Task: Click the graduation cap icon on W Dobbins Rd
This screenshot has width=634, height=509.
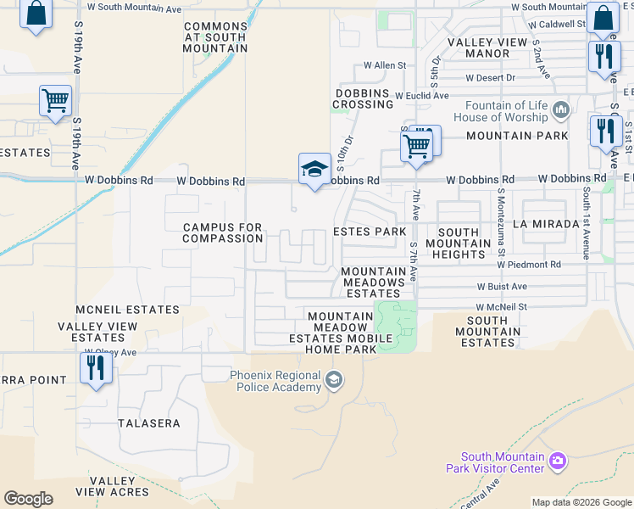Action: [314, 168]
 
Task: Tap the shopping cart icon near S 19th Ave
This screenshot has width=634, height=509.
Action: [55, 101]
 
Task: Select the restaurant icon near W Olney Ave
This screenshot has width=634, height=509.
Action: [94, 367]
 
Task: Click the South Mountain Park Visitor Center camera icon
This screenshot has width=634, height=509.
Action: [557, 461]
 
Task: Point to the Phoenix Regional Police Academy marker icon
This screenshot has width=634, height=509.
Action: [334, 379]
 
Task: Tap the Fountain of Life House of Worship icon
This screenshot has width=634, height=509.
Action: [560, 109]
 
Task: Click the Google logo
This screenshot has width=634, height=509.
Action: [28, 498]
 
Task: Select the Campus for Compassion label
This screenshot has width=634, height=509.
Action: [224, 232]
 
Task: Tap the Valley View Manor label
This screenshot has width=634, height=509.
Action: [490, 48]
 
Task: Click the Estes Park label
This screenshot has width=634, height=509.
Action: [370, 232]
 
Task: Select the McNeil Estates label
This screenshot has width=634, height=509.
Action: [127, 310]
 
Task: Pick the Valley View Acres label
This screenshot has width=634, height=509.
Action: [113, 486]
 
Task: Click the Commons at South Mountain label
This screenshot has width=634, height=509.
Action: [215, 37]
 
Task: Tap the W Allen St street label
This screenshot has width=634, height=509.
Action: [385, 65]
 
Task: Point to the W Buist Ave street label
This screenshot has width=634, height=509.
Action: [502, 287]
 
